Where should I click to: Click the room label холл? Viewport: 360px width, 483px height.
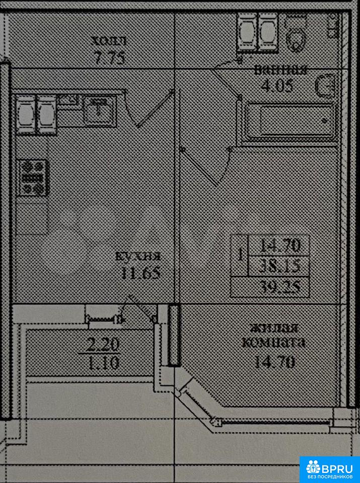109,40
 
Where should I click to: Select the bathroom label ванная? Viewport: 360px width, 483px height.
280,70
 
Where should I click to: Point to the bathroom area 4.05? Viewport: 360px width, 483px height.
276,85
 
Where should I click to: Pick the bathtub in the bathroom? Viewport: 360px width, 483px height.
290,121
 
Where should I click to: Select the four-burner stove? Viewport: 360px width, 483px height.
33,177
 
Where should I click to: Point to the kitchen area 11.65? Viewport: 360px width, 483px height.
140,273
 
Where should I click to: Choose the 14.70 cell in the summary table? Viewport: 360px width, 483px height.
280,246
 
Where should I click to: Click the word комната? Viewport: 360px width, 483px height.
273,343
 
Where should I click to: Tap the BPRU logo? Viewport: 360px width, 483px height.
330,469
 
